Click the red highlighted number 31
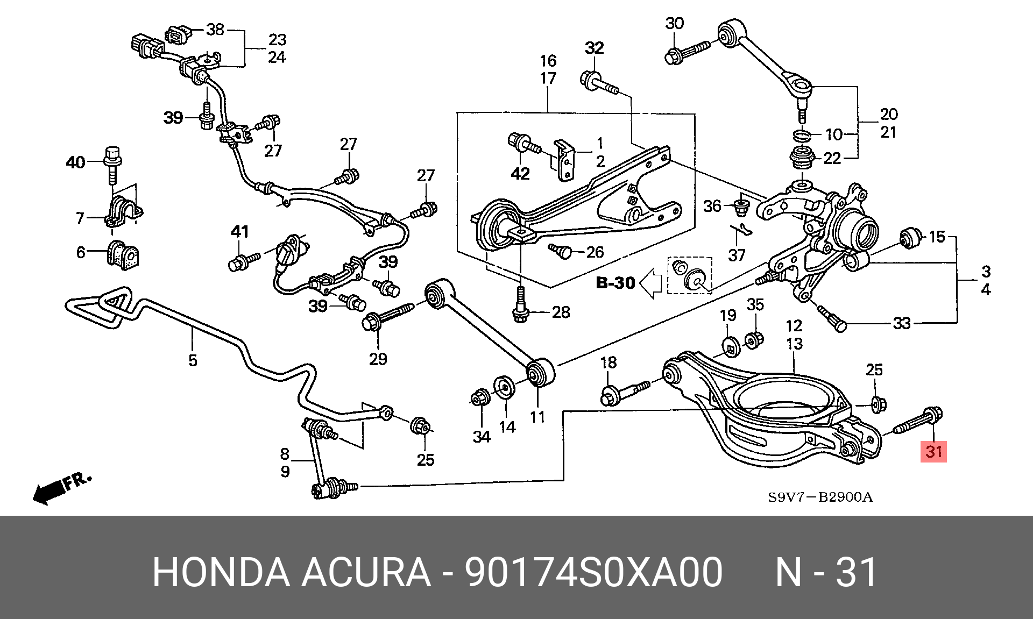click(933, 451)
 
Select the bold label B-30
click(615, 282)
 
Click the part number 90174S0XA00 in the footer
click(593, 573)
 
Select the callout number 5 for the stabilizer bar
click(193, 360)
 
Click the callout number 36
click(712, 206)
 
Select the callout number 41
click(239, 232)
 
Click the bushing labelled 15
click(909, 239)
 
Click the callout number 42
click(520, 173)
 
